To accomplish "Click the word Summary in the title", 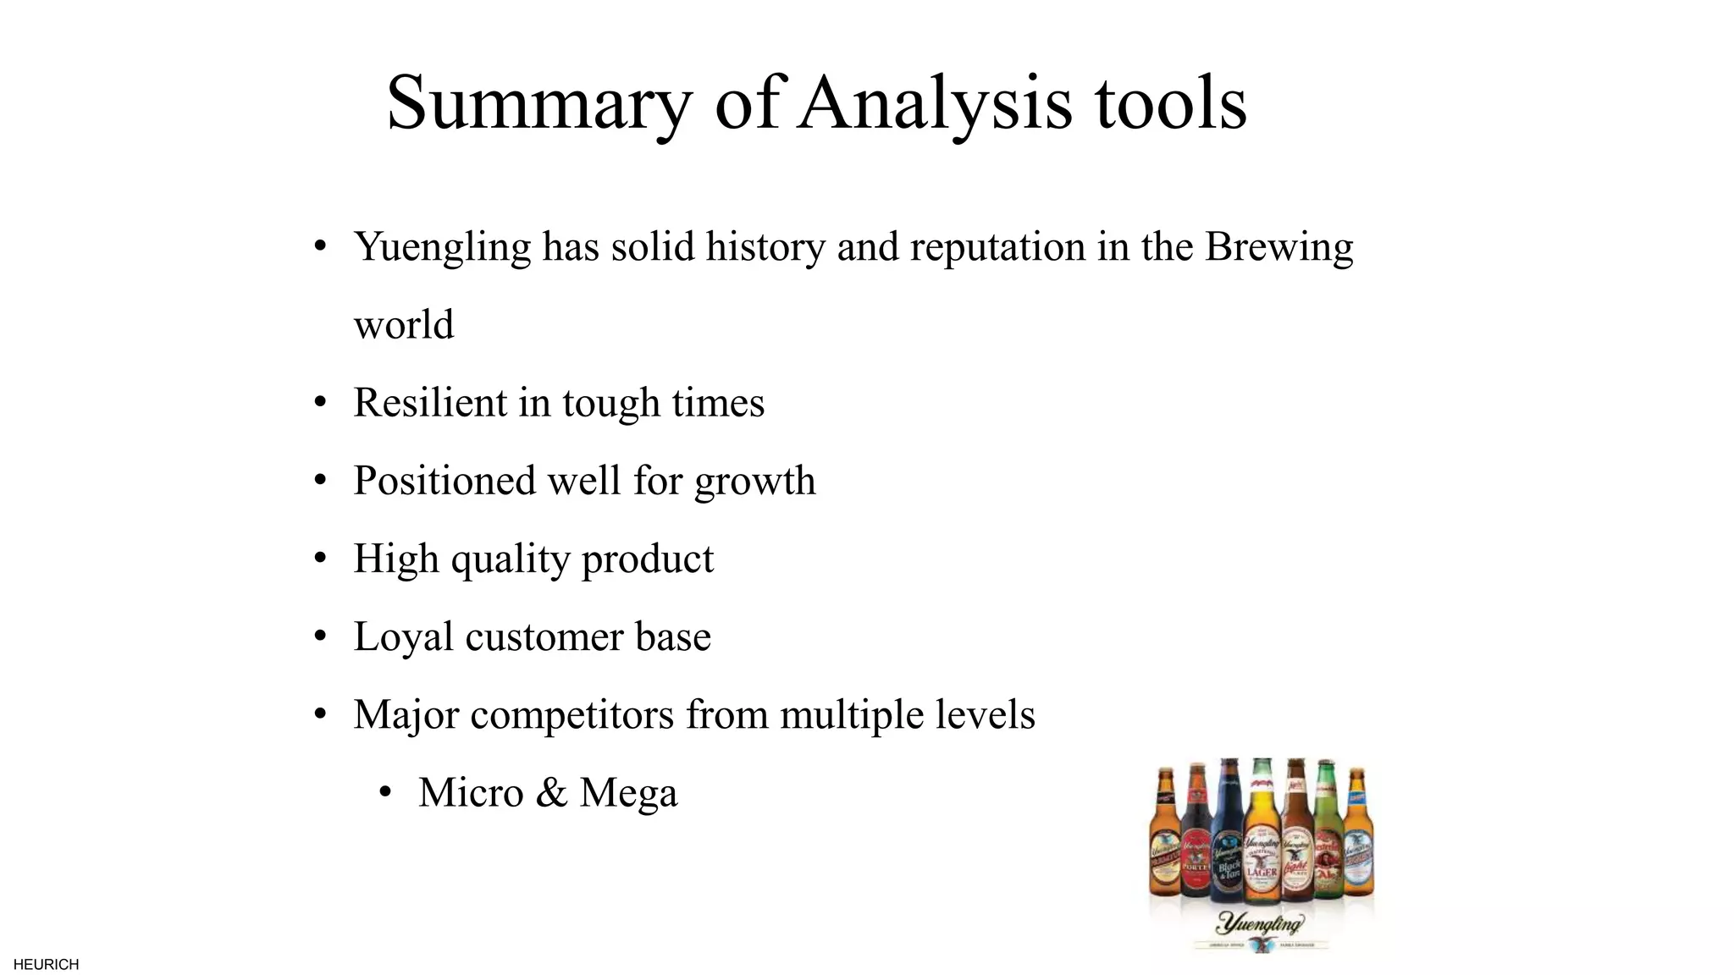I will coord(539,103).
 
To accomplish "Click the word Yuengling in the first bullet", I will coord(442,247).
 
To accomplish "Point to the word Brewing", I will coord(1278,247).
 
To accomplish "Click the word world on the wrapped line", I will coord(404,325).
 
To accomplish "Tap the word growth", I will coord(754,481).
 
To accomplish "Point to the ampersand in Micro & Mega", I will coord(551,793).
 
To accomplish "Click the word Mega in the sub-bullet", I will coord(628,793).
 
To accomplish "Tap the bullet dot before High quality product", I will coord(320,559).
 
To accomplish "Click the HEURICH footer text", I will coord(47,965).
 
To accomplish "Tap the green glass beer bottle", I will coord(1326,838).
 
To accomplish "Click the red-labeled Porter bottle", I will coord(1196,838).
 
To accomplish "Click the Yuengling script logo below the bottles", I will coord(1260,923).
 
